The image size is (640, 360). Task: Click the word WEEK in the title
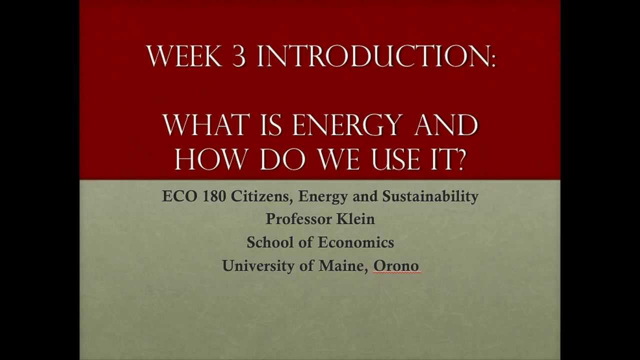(184, 56)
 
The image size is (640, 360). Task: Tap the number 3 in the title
(238, 56)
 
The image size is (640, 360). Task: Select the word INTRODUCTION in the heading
(372, 56)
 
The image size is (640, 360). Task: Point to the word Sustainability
(430, 196)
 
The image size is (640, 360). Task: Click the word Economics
(356, 242)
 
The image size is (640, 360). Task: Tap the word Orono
(396, 265)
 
